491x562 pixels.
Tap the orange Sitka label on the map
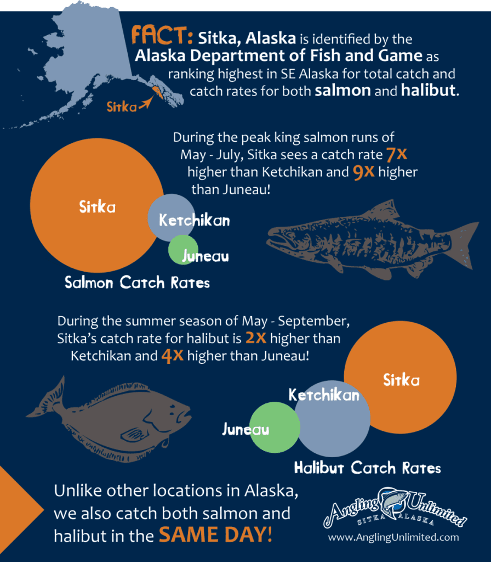pyautogui.click(x=122, y=106)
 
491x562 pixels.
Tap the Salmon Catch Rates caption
pyautogui.click(x=137, y=283)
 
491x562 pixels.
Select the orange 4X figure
pyautogui.click(x=172, y=356)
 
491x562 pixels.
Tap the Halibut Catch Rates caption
pyautogui.click(x=367, y=468)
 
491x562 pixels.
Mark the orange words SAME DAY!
pyautogui.click(x=215, y=535)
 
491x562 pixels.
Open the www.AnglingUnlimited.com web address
pyautogui.click(x=393, y=537)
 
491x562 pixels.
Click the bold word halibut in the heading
pyautogui.click(x=428, y=91)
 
